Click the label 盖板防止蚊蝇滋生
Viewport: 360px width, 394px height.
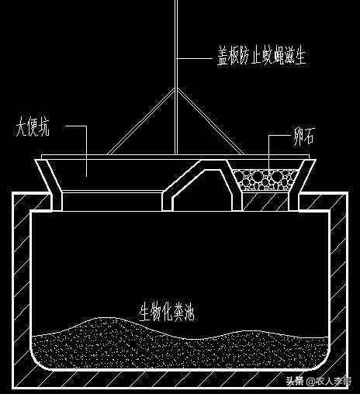point(261,56)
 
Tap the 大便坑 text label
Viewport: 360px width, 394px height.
point(33,128)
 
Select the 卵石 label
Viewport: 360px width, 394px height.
point(303,136)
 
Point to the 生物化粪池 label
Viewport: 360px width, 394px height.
point(167,312)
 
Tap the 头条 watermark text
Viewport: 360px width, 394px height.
point(294,381)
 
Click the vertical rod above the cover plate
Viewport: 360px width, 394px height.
point(176,77)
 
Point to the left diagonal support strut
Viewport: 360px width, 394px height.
point(141,121)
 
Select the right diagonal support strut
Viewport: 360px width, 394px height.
point(210,121)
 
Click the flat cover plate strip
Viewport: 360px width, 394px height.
point(175,157)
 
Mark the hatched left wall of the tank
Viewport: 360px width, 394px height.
point(22,285)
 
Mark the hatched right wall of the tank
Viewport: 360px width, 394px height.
point(338,285)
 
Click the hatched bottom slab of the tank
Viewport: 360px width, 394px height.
point(180,379)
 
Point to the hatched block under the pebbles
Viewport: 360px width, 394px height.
point(266,201)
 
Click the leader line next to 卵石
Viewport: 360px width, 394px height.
point(269,152)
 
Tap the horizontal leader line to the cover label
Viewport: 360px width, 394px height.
point(195,59)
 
